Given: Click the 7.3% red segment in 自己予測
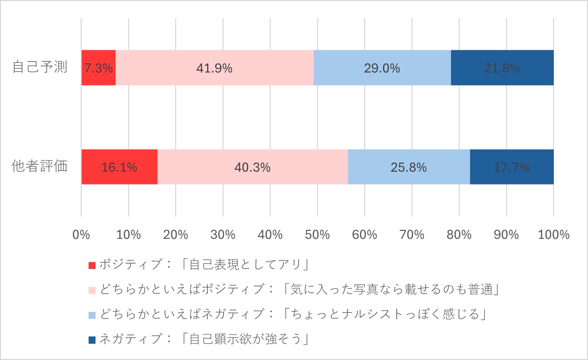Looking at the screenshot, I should tap(99, 68).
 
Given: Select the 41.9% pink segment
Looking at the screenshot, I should tap(214, 68).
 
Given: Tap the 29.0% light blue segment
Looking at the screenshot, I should tap(382, 68).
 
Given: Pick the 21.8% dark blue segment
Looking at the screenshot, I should tap(502, 68).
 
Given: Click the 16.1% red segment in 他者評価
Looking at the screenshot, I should tap(119, 167).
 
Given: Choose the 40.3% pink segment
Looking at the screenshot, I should tap(252, 167).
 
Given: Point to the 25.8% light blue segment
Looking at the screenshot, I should tap(409, 167).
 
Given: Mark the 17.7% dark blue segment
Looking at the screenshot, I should tap(512, 167).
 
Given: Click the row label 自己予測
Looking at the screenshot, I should tap(40, 67).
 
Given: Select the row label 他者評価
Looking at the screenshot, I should tap(40, 166).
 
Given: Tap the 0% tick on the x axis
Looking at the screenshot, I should tap(81, 235).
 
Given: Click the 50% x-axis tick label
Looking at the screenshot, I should tap(317, 235).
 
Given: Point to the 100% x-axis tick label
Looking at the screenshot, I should tap(553, 235).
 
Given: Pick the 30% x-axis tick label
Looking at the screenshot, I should tap(223, 235).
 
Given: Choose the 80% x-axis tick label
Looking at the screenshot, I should tap(459, 235).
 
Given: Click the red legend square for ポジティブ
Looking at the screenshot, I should tap(92, 265).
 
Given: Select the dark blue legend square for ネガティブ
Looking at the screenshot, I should tap(92, 340).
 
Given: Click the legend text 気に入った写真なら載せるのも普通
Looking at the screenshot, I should tap(391, 289).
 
